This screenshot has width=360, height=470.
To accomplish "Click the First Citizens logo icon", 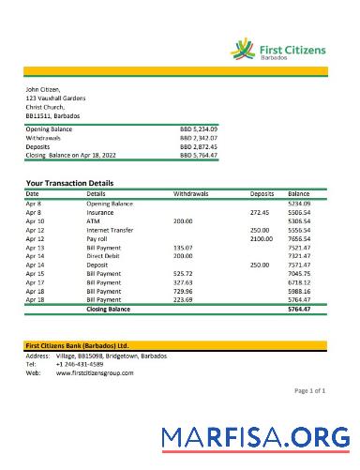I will coord(245,47).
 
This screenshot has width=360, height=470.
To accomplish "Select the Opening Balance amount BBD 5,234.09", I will coord(199,129).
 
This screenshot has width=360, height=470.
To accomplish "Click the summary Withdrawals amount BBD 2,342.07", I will coord(199,138).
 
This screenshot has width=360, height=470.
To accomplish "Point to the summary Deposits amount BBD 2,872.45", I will coord(199,146).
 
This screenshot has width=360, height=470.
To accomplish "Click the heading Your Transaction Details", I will coord(70,183).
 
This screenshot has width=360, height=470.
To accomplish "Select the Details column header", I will coord(96,193).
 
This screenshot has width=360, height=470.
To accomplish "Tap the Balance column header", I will coord(299,193).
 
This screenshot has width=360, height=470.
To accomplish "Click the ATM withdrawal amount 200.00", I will coord(183,220).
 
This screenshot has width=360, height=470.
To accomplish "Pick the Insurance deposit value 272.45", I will coord(260,212).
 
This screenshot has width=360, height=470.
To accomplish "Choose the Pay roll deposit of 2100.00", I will coord(261,238).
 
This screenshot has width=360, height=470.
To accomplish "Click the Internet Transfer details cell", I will coord(110,230).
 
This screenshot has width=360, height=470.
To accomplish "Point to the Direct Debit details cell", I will coord(104,256).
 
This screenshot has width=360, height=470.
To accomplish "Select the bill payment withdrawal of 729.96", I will coord(183,291).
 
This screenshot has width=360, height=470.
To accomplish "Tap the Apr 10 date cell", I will coord(35,220).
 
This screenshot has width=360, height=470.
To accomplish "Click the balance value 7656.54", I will coord(299,238).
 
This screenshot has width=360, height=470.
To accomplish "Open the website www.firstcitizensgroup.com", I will coord(95,372).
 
